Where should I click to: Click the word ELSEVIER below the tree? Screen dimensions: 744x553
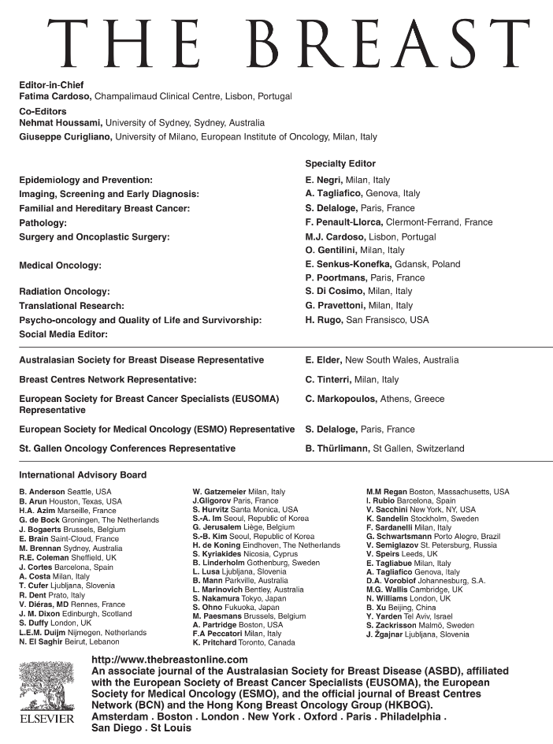point(46,720)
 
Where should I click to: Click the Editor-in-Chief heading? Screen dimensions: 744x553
point(51,84)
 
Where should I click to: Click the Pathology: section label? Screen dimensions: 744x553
point(45,222)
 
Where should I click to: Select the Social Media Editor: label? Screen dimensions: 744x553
point(62,334)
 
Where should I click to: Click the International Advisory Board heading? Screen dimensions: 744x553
point(83,475)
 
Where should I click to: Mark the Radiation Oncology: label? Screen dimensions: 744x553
point(65,292)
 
